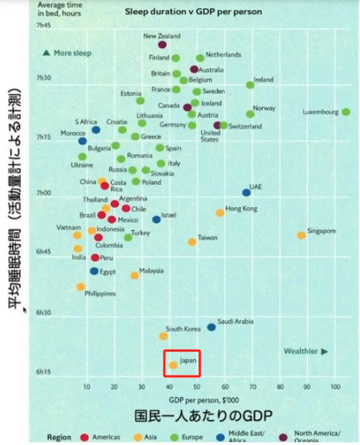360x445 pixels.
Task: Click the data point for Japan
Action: (173, 365)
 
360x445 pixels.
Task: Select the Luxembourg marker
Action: (346, 111)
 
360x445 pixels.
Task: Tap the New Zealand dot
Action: (163, 44)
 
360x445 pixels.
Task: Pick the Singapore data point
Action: (301, 235)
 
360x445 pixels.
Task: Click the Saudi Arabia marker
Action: (211, 327)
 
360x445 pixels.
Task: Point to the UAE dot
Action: (247, 192)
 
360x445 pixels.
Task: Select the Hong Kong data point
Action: (220, 212)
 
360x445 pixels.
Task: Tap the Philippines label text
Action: (100, 294)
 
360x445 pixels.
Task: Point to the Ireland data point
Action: (250, 85)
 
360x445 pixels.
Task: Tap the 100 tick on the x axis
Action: (336, 387)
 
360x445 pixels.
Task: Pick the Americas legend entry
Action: (105, 437)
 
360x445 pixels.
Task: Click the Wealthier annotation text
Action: (300, 351)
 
